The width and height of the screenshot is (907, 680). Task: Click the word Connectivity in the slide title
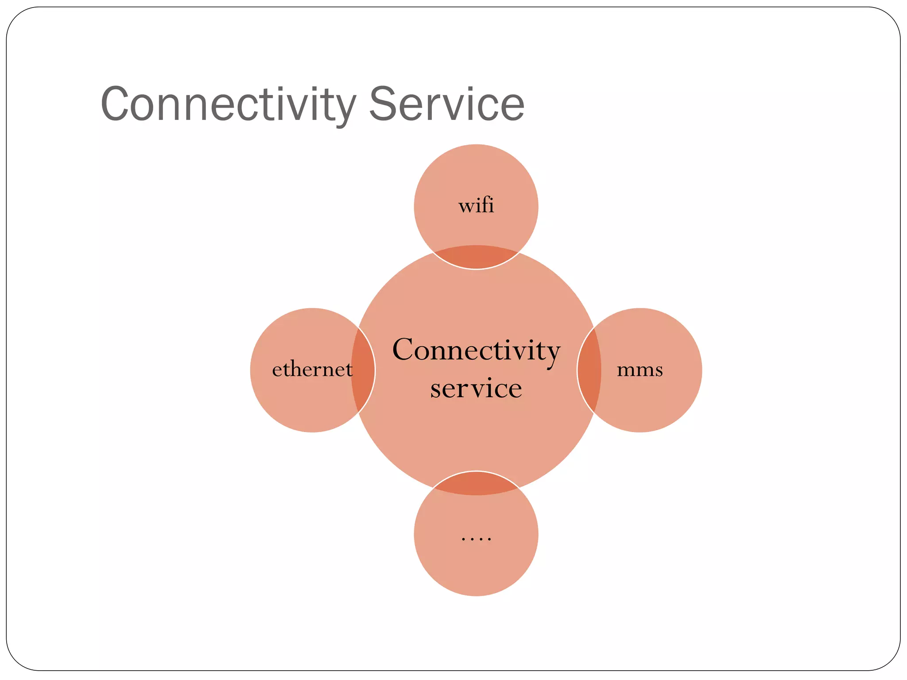coord(229,104)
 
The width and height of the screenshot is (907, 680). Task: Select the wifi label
coord(476,206)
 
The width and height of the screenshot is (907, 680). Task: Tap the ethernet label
coord(312,369)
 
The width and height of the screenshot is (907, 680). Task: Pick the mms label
coord(640,370)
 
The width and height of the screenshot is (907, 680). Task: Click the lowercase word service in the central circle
coord(476,388)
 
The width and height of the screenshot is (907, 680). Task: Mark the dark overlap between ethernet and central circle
coord(364,370)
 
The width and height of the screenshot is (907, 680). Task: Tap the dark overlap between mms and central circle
coord(589,370)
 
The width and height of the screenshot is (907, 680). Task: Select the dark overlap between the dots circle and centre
coord(476,483)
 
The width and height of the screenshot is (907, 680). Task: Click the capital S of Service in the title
coord(383,104)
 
